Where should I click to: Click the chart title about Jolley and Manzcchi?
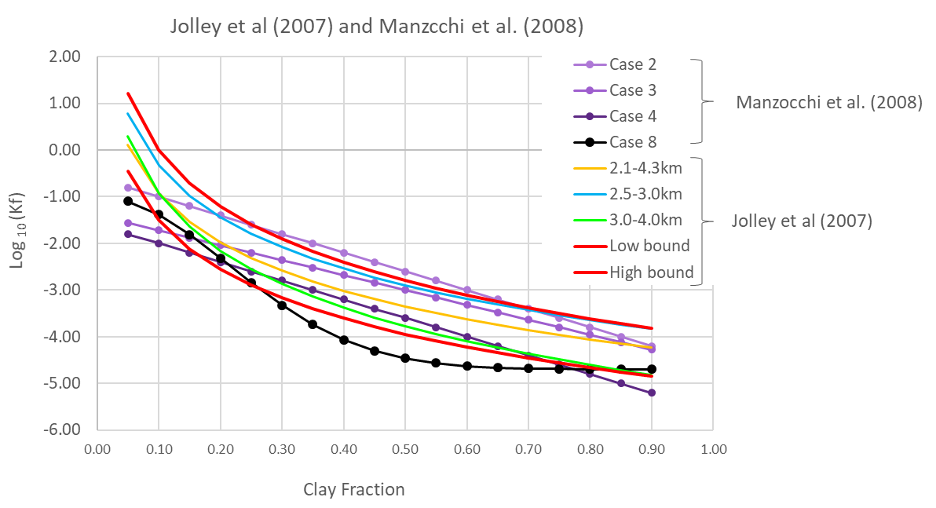coord(377,26)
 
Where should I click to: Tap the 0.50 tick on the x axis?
coord(404,451)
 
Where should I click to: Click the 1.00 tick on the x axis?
coord(712,451)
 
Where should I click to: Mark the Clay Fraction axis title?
coord(354,490)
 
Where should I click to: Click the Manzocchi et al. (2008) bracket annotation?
coord(828,102)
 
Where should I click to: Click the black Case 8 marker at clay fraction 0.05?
coord(128,201)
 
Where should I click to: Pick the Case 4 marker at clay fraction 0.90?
coord(651,393)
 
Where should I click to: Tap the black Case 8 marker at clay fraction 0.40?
coord(343,340)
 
